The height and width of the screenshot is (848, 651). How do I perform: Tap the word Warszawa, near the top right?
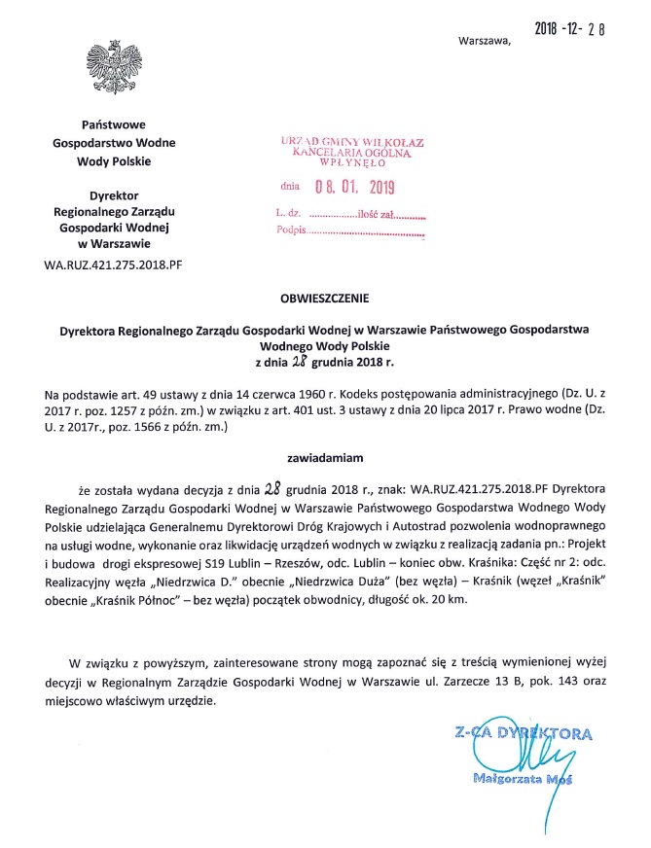pos(483,41)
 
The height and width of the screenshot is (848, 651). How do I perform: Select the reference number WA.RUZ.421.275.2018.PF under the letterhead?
pos(113,264)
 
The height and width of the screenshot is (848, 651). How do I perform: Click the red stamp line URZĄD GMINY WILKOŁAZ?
pos(352,143)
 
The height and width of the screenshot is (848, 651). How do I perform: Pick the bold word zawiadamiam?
pos(324,454)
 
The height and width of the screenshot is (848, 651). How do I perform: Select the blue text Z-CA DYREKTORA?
pos(522,731)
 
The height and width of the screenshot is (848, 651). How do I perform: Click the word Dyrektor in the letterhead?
pos(114,194)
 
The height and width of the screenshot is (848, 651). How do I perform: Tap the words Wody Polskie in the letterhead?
pos(114,159)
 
